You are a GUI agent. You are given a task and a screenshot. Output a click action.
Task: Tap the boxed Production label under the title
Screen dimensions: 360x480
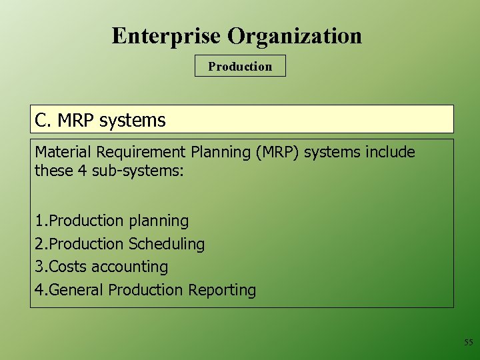tap(240, 66)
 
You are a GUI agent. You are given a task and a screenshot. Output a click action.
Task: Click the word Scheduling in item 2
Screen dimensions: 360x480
tap(167, 244)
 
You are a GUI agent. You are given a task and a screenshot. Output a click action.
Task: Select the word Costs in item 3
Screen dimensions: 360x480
tap(67, 267)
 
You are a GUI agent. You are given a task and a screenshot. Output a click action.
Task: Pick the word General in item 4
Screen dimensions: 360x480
tap(77, 290)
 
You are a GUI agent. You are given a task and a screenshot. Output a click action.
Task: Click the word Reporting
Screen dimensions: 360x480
tap(222, 290)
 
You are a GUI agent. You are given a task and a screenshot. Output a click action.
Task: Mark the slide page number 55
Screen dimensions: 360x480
tap(468, 343)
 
